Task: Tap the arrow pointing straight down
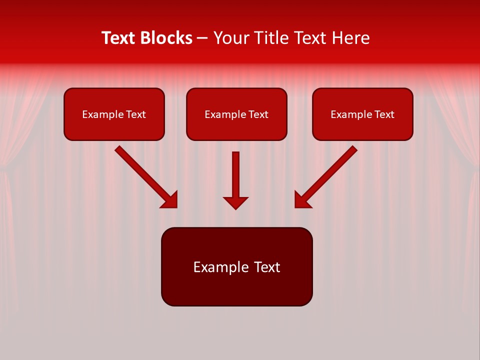pyautogui.click(x=235, y=175)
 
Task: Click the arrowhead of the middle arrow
pyautogui.click(x=235, y=202)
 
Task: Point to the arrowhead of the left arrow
pyautogui.click(x=170, y=200)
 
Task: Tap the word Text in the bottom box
pyautogui.click(x=266, y=267)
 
